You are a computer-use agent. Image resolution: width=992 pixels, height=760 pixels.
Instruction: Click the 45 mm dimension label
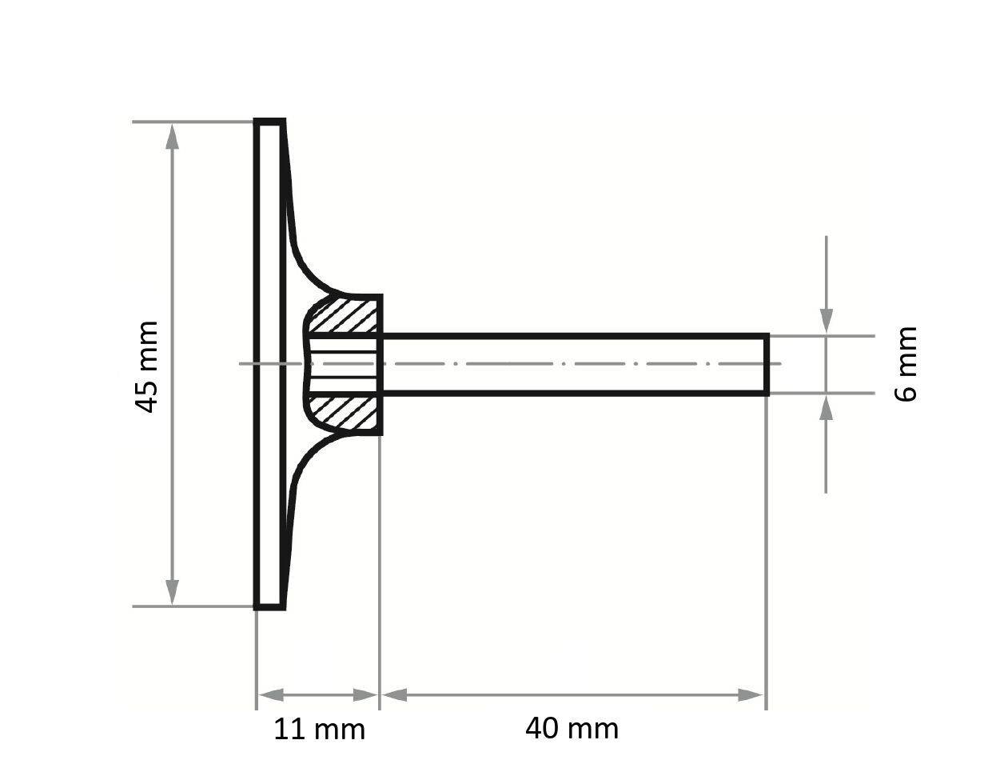147,366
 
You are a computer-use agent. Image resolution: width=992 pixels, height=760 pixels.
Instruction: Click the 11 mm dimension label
319,729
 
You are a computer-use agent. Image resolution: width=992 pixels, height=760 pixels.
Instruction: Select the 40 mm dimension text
572,728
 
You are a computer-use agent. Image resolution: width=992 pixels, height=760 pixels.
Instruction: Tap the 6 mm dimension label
906,363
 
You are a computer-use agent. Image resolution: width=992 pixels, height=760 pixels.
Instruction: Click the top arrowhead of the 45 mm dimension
172,137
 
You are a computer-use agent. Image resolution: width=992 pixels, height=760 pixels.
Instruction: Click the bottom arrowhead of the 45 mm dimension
172,592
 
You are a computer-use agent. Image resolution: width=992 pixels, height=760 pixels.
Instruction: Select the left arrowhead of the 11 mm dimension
270,694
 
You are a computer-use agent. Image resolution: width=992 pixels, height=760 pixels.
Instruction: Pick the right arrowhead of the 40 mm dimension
751,694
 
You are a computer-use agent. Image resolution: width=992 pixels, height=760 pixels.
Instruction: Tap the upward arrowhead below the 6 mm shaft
827,407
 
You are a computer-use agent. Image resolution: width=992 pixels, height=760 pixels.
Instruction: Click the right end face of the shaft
767,365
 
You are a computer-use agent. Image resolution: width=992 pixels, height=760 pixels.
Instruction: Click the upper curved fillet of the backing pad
308,264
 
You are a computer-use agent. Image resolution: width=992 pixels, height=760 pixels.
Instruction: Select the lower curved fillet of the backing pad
308,464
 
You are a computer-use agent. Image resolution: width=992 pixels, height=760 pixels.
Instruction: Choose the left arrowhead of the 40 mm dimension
394,694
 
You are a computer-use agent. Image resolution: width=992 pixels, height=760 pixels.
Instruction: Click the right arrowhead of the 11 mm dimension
365,694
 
